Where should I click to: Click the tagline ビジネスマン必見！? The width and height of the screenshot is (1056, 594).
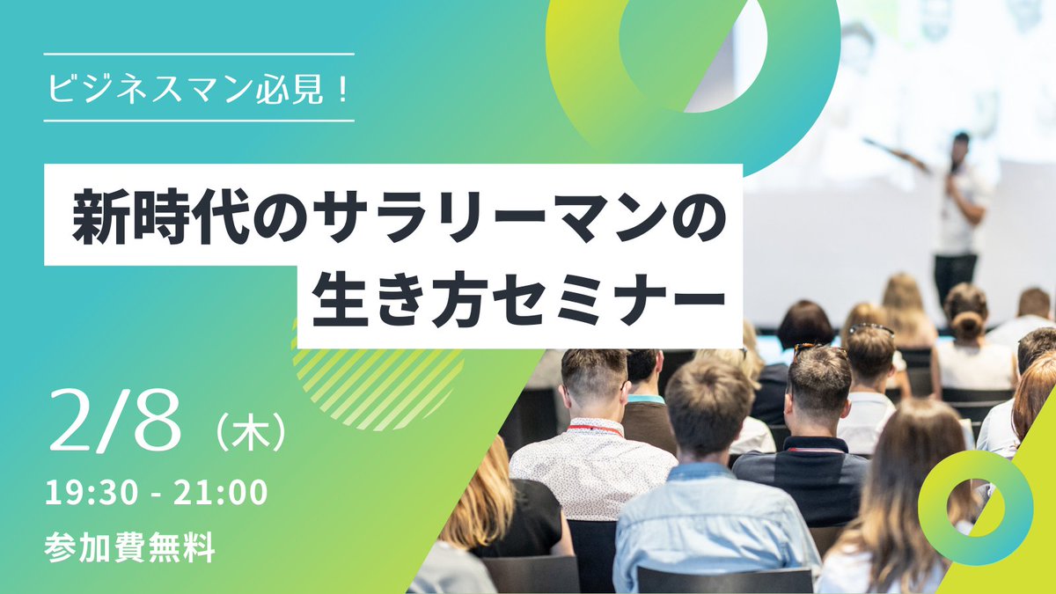198,87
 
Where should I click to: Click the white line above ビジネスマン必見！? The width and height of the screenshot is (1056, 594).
198,54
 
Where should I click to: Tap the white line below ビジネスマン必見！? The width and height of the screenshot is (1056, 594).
198,121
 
